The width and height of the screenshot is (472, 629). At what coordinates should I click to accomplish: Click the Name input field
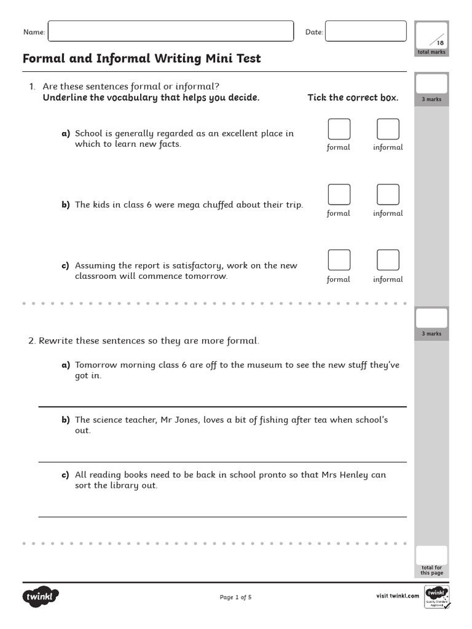[170, 31]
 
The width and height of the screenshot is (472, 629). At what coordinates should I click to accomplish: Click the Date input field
[366, 31]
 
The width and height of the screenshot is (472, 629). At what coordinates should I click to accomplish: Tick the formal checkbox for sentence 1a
[339, 129]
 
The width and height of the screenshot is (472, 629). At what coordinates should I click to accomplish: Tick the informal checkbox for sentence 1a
[388, 129]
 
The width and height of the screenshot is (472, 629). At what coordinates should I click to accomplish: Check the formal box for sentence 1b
[339, 194]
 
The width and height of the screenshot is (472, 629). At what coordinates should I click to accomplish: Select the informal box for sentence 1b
[388, 194]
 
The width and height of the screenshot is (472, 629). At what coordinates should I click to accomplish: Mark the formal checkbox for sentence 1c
[339, 260]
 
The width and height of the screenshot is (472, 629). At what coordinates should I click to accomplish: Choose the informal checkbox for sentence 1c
[388, 260]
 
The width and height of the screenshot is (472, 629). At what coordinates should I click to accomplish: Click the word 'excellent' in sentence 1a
[231, 133]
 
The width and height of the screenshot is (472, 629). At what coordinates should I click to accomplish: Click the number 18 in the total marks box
[439, 43]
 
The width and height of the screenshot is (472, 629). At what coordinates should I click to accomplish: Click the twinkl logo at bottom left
[41, 596]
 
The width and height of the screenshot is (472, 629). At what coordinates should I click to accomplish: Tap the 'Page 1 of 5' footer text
[235, 597]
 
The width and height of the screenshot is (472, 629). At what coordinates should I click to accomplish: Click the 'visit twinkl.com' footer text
[396, 596]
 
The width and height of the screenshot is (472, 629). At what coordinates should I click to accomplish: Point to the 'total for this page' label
[431, 570]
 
